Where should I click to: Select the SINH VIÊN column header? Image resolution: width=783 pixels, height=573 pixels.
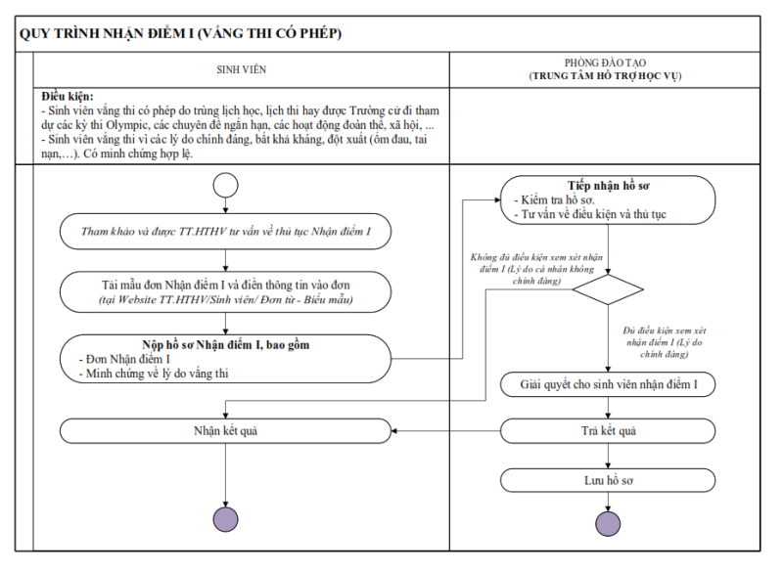point(241,69)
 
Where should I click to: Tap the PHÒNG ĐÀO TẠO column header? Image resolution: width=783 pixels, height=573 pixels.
point(605,68)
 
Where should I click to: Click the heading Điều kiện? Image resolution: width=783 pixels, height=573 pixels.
point(68,97)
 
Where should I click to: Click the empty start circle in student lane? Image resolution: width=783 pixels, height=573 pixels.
point(226,185)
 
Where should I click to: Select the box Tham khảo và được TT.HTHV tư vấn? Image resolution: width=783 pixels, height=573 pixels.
point(226,232)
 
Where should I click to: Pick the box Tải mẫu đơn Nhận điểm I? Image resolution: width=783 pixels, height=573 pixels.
point(226,290)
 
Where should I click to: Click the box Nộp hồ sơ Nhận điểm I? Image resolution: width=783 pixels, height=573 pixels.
point(226,358)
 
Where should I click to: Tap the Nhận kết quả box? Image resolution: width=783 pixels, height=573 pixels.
point(226,430)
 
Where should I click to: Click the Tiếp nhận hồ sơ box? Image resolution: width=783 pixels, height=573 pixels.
point(608,199)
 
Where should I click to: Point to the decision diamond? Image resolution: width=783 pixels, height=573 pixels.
point(608,289)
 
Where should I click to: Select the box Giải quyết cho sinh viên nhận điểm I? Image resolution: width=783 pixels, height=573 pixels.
point(608,384)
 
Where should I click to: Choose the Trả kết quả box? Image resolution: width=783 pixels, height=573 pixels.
point(608,430)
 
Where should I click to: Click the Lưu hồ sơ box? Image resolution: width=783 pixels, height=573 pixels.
point(608,479)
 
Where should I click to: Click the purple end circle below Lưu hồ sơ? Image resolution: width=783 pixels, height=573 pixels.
point(608,523)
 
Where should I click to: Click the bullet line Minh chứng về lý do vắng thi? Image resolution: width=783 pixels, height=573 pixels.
point(157,373)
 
